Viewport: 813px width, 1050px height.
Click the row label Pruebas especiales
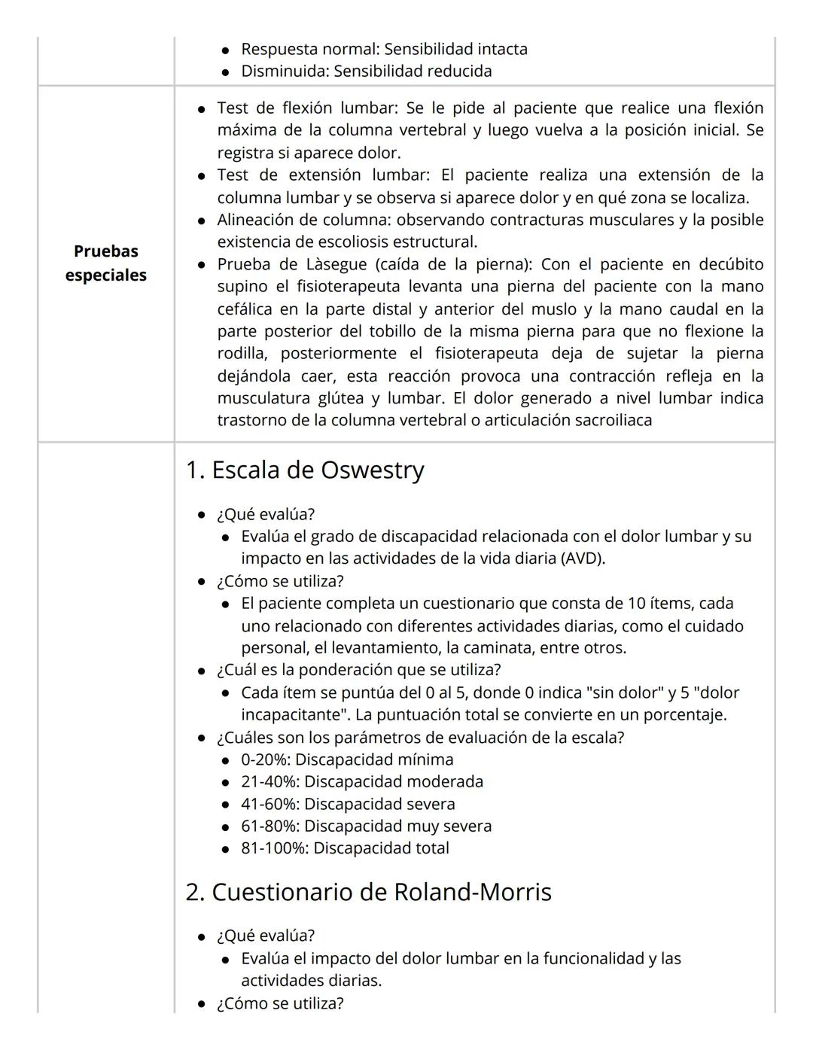coord(105,263)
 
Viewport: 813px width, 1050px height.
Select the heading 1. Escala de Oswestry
coord(305,470)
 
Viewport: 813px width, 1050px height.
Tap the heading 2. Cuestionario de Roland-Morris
coord(368,892)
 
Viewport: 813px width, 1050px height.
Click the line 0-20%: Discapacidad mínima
coord(347,759)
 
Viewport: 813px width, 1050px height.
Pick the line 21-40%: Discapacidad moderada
coord(362,781)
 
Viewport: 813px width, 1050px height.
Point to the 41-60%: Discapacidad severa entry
coord(348,804)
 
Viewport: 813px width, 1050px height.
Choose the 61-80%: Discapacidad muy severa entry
coord(366,826)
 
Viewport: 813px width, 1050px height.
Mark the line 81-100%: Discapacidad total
coord(345,848)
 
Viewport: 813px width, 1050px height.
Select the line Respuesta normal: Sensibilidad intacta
coord(384,49)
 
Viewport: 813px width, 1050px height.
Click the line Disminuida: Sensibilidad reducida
coord(366,72)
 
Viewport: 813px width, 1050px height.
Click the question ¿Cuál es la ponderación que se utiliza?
coord(358,670)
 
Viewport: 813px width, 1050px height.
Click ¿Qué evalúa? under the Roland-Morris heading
coord(266,936)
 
